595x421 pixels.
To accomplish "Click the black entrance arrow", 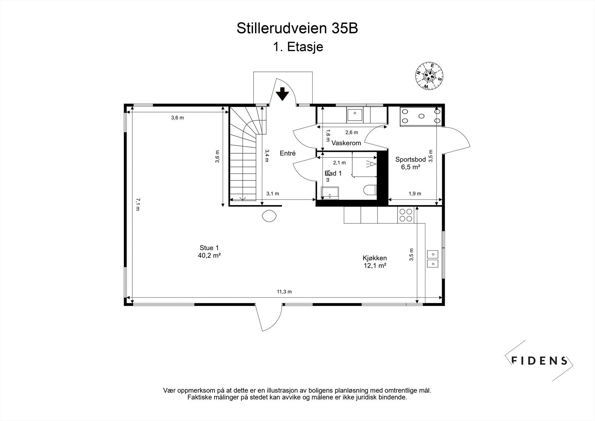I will (x=282, y=94).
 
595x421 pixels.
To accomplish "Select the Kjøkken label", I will (x=374, y=262).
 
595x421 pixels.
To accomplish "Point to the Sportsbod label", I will (x=410, y=163).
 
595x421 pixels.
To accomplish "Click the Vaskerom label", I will (x=346, y=143).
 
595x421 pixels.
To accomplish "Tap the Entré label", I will (x=287, y=153).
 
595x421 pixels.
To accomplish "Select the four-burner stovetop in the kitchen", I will (x=406, y=215).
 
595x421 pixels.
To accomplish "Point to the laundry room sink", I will (x=356, y=115).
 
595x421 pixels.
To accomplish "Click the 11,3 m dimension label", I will (x=284, y=292).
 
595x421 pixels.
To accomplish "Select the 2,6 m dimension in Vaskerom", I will (x=351, y=133).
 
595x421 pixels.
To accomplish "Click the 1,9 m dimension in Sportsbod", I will (x=415, y=194).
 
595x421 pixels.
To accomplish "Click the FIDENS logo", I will (x=539, y=360).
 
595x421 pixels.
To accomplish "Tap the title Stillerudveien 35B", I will (x=297, y=29).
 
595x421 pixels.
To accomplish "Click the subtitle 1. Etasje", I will (x=297, y=47).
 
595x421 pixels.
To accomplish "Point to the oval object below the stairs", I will (x=269, y=216).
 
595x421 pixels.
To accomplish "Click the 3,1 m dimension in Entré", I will (x=273, y=194).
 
